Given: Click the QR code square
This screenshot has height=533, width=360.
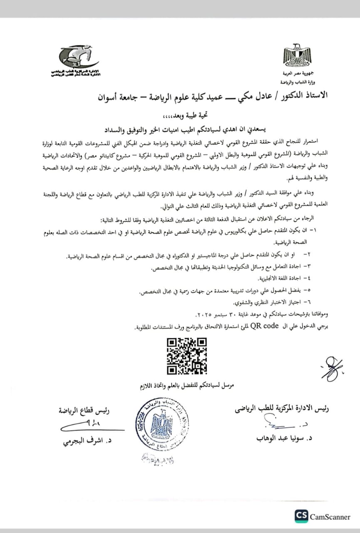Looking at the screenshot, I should pyautogui.click(x=187, y=356).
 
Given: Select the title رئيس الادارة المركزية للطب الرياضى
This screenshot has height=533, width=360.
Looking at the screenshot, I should pyautogui.click(x=282, y=409).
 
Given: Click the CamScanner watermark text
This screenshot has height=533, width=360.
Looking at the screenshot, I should pyautogui.click(x=330, y=517).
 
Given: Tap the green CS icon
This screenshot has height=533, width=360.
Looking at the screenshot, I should pyautogui.click(x=301, y=516).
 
